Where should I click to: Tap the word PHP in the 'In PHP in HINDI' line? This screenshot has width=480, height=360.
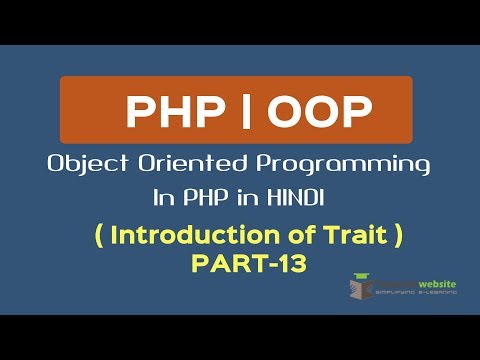[x=217, y=197]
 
